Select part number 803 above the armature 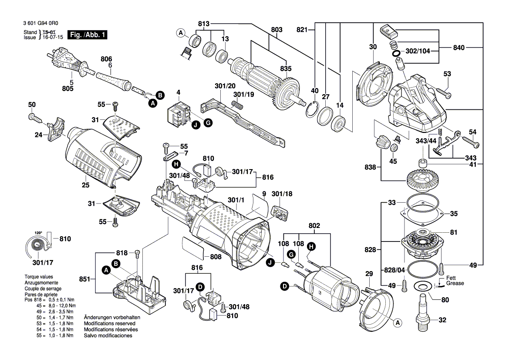click(276, 30)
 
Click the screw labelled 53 click(442, 92)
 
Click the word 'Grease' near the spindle click(455, 283)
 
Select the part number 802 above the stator click(314, 226)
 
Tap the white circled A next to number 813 click(180, 33)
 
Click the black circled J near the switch click(196, 125)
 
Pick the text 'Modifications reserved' click(109, 324)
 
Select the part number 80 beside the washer click(445, 299)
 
